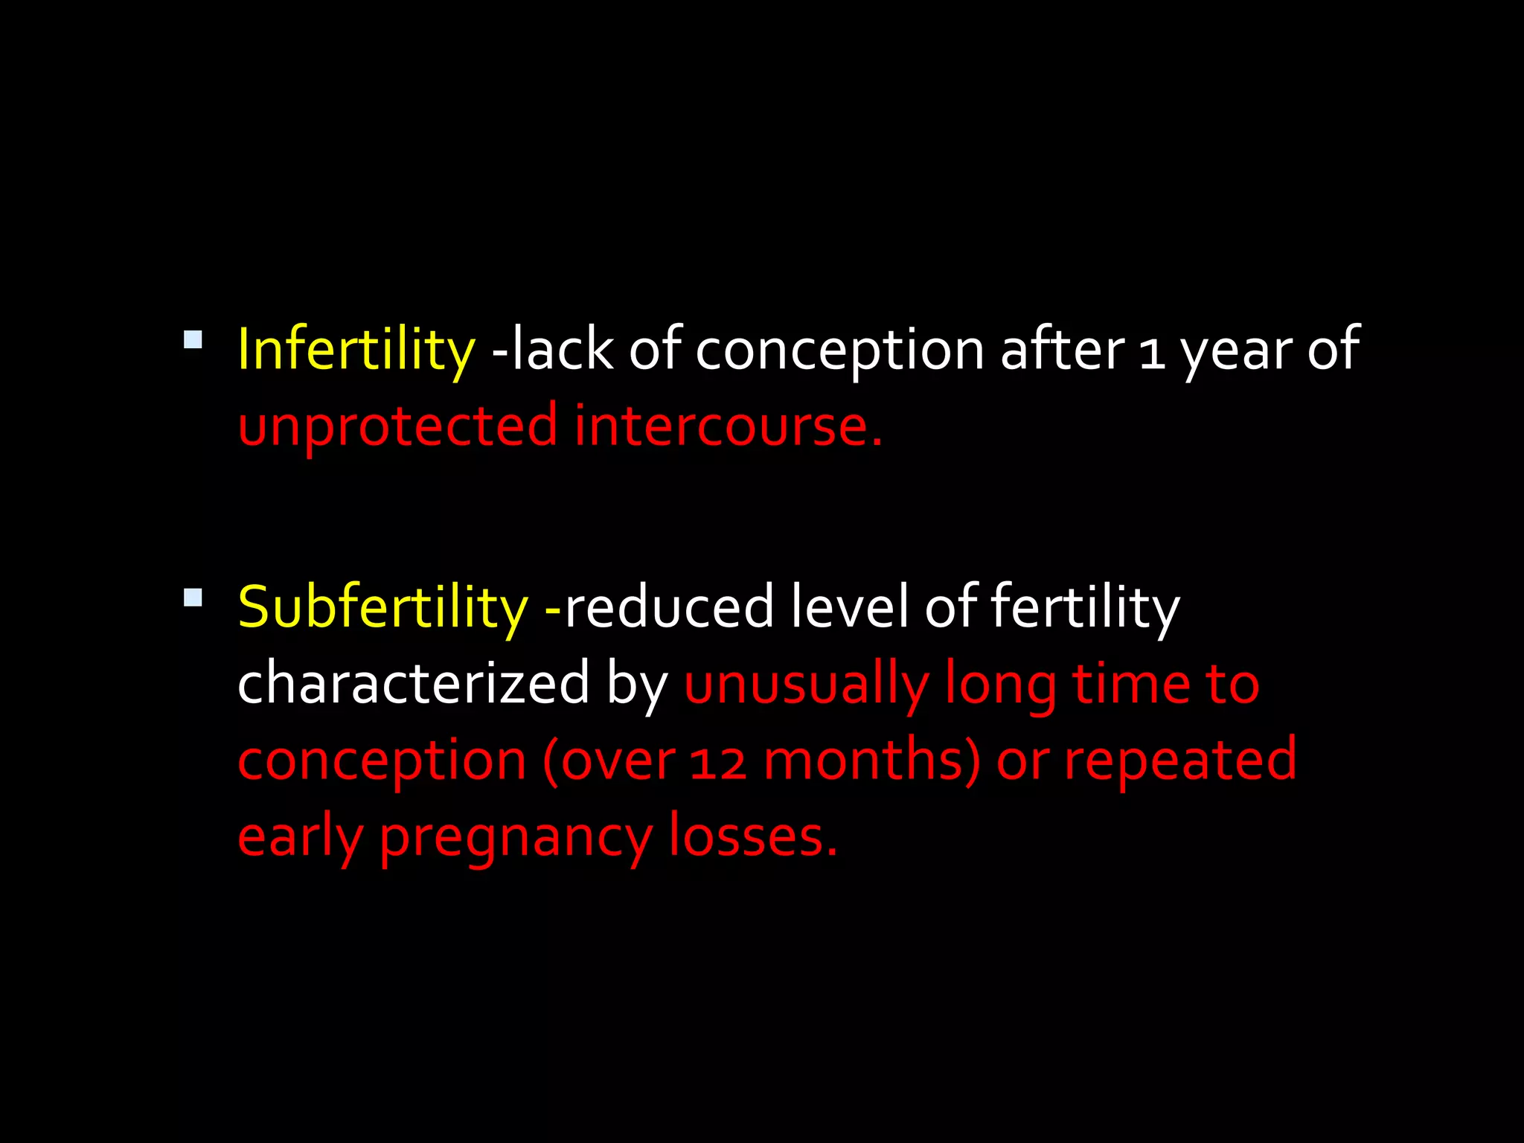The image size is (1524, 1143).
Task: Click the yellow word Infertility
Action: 356,350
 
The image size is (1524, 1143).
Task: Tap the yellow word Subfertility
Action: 382,607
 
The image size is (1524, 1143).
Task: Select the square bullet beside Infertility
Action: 193,339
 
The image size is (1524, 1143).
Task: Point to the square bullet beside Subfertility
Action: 193,598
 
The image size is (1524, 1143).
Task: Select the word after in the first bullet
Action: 1062,350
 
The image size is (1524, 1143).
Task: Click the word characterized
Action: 413,683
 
